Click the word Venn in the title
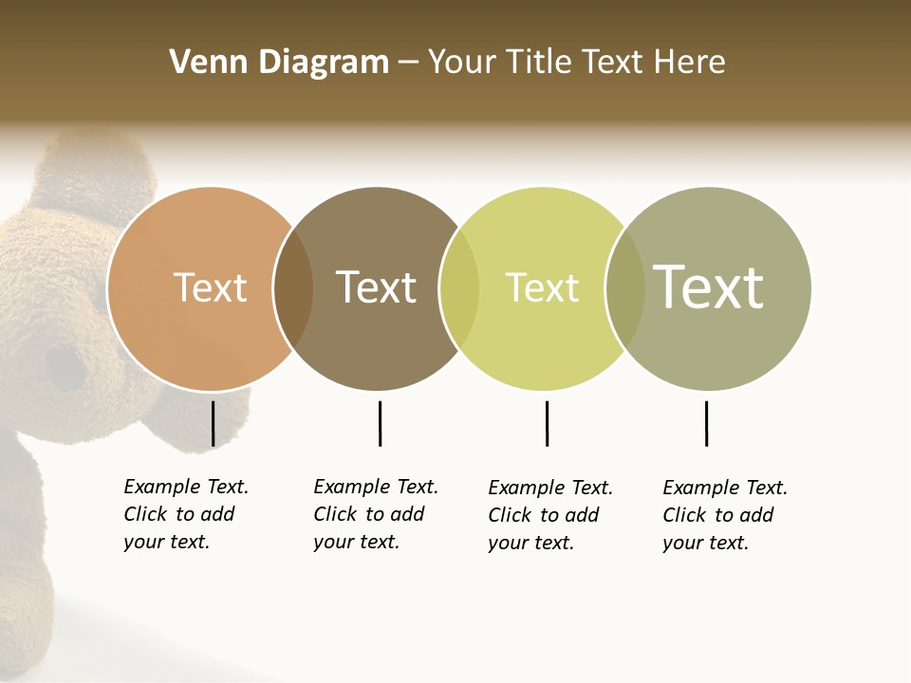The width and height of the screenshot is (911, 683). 204,63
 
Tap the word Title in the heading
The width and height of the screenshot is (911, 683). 539,63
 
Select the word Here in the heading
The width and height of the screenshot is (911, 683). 690,63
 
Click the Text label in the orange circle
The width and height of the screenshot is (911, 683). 210,287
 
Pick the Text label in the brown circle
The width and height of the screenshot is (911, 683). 377,287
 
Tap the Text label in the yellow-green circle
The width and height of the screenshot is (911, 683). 542,287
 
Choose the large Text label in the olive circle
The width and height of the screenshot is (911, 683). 708,287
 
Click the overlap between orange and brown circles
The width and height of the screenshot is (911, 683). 293,288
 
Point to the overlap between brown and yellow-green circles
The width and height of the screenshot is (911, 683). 459,288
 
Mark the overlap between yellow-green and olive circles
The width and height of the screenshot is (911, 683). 625,288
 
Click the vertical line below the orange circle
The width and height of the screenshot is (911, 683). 213,423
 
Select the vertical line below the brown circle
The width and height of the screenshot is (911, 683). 380,423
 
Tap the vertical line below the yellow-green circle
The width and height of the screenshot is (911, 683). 547,423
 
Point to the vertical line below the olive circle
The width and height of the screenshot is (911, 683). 706,423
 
